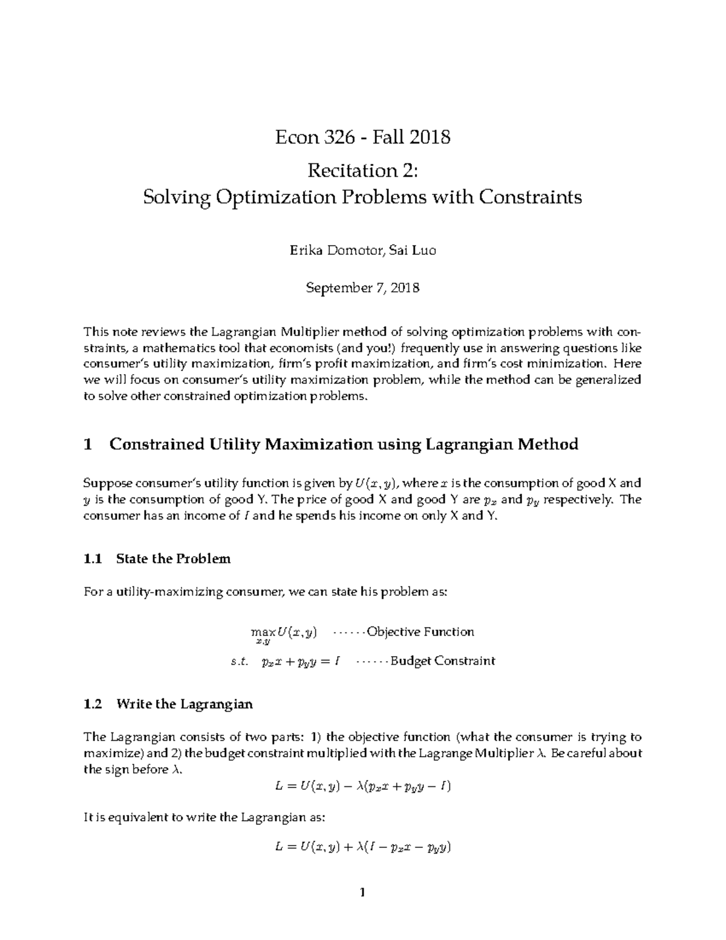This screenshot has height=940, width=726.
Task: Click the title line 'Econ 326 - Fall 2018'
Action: [x=362, y=137]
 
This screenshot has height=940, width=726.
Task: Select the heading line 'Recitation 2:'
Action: [x=362, y=171]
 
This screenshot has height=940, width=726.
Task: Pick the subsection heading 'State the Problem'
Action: [x=173, y=559]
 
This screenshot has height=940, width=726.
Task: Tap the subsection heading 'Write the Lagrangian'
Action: [x=184, y=704]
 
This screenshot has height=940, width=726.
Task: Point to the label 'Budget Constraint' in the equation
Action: [x=443, y=661]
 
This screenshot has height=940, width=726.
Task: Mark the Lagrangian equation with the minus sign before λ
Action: [x=362, y=786]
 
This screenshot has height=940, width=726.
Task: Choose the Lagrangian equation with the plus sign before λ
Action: [x=362, y=847]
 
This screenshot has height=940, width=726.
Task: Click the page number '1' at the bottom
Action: [x=362, y=892]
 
